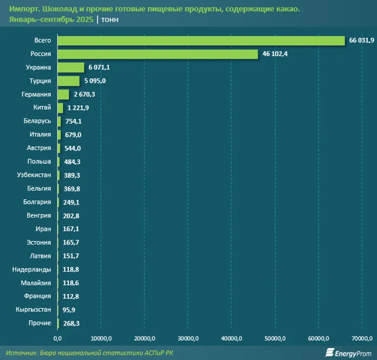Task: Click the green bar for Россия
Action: (x=158, y=54)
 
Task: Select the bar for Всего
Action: (x=201, y=41)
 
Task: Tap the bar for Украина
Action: (x=71, y=67)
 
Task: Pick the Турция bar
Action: (x=69, y=81)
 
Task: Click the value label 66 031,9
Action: (x=361, y=41)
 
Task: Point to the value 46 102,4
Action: (x=275, y=54)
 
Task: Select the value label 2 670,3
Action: (x=85, y=94)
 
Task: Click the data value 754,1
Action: (x=74, y=121)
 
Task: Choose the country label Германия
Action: (x=36, y=94)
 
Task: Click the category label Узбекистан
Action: (x=34, y=175)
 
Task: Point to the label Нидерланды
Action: (x=32, y=269)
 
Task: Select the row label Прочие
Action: (x=40, y=323)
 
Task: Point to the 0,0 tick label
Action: (x=57, y=339)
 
